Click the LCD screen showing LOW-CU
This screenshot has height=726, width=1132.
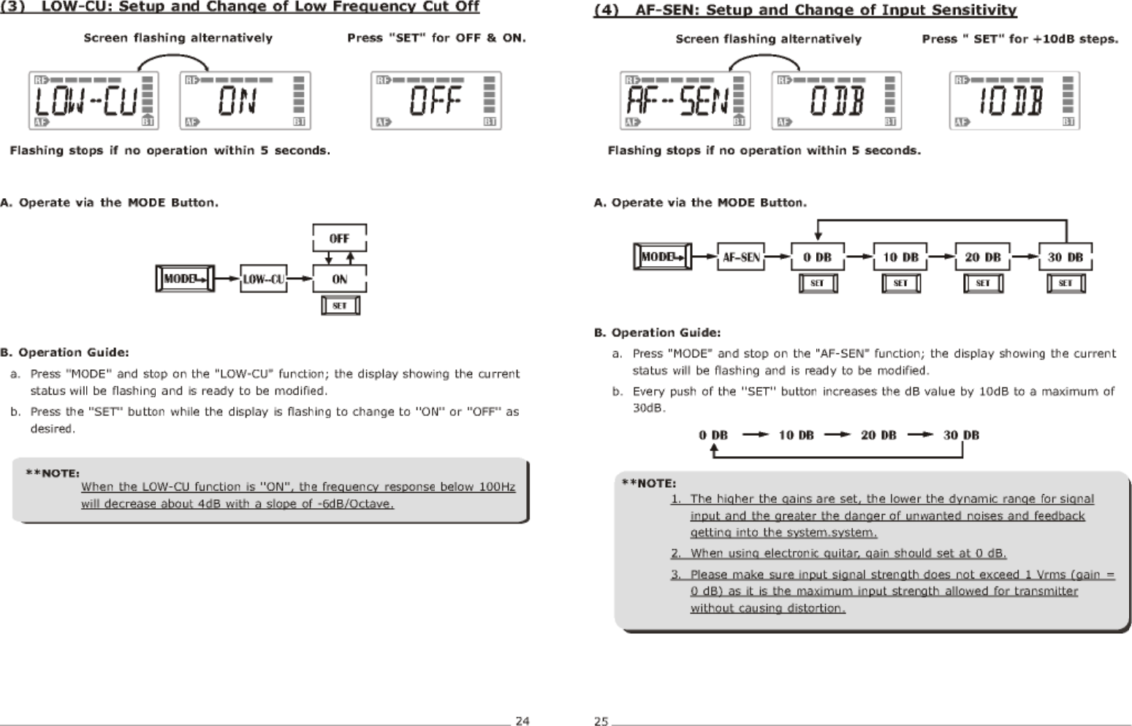tap(93, 100)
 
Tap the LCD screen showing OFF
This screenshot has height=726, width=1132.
tap(436, 100)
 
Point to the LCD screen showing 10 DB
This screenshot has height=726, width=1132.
tap(1014, 101)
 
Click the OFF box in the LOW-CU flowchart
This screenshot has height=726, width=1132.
tap(339, 238)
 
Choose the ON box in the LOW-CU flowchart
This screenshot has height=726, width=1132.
tap(339, 279)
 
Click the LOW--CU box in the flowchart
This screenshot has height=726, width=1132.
tap(263, 279)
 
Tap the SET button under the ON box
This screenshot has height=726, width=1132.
tap(340, 306)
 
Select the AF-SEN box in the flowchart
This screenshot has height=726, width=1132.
tap(740, 257)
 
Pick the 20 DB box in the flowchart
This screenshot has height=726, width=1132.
tap(982, 257)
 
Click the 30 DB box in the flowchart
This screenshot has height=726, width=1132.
tap(1065, 257)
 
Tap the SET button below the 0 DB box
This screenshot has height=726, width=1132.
tap(818, 283)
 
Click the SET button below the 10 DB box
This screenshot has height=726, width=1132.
tap(900, 283)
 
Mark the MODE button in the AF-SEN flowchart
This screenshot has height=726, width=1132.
tap(661, 257)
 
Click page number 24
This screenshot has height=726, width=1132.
tap(522, 721)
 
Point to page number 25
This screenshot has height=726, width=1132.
tap(601, 721)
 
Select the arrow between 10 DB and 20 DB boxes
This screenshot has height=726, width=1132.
tap(941, 257)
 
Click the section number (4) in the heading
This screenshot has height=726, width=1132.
tap(606, 10)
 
